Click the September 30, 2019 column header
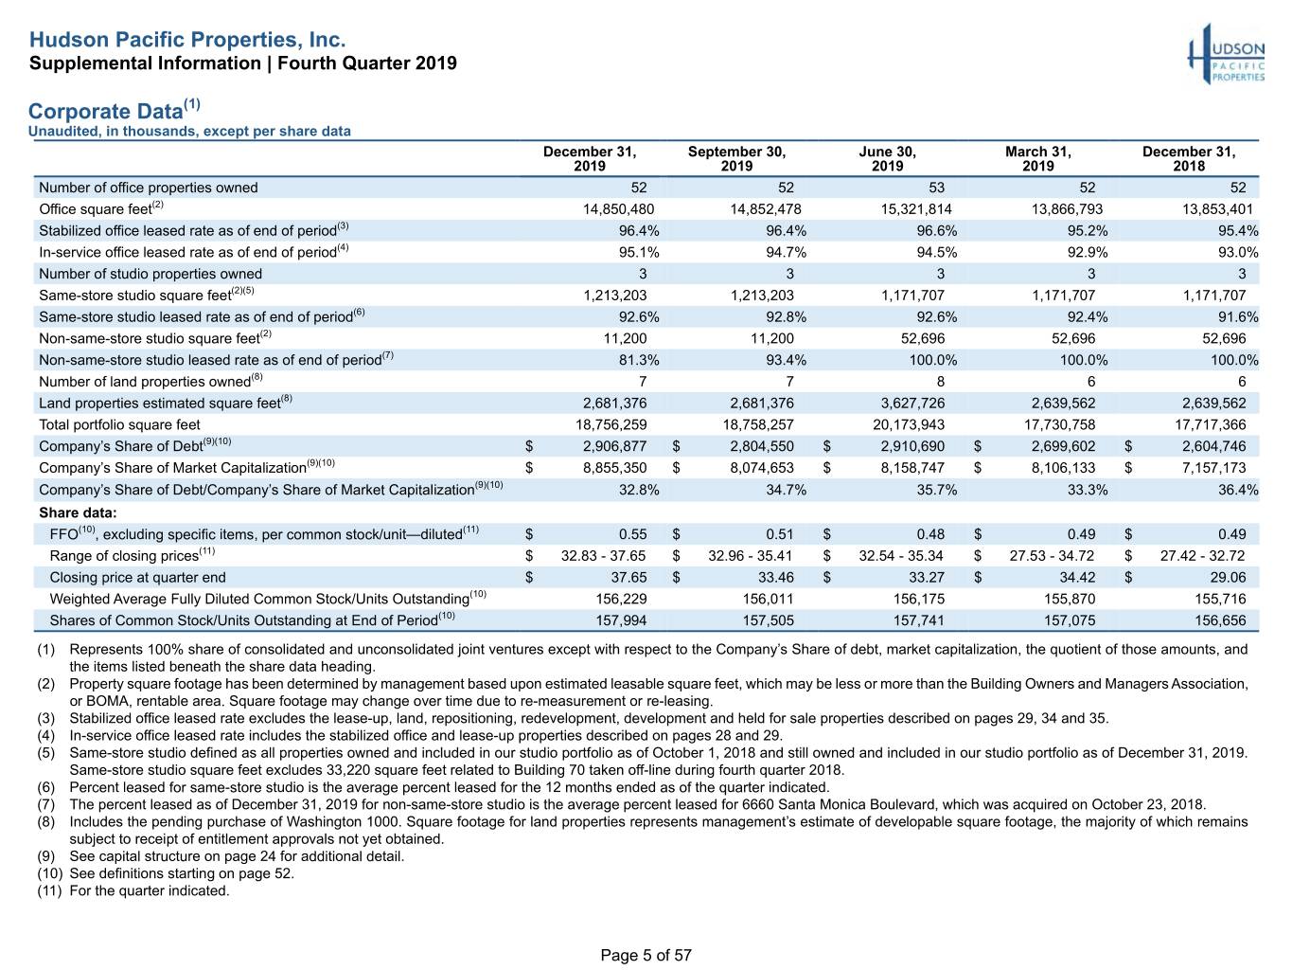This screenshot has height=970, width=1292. pyautogui.click(x=736, y=159)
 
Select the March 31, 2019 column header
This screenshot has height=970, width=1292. pyautogui.click(x=1037, y=159)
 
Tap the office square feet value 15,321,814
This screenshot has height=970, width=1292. pyautogui.click(x=916, y=209)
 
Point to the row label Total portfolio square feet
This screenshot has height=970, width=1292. pyautogui.click(x=119, y=424)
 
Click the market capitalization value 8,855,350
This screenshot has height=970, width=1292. pyautogui.click(x=614, y=468)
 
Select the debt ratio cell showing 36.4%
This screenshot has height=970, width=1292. pyautogui.click(x=1238, y=490)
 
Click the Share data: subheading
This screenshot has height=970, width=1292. pyautogui.click(x=78, y=512)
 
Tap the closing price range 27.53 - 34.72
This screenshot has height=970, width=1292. pyautogui.click(x=1052, y=555)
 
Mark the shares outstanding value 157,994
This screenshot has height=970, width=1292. pyautogui.click(x=621, y=620)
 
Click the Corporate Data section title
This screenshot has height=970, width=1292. pyautogui.click(x=115, y=110)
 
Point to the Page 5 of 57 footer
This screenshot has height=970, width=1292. pyautogui.click(x=646, y=955)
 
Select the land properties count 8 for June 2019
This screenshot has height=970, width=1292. pyautogui.click(x=940, y=382)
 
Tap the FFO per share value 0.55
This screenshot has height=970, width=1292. pyautogui.click(x=632, y=534)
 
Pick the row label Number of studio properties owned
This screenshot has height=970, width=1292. pyautogui.click(x=150, y=274)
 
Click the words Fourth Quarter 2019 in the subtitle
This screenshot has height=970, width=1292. pyautogui.click(x=366, y=63)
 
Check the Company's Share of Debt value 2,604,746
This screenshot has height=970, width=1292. pyautogui.click(x=1213, y=446)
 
